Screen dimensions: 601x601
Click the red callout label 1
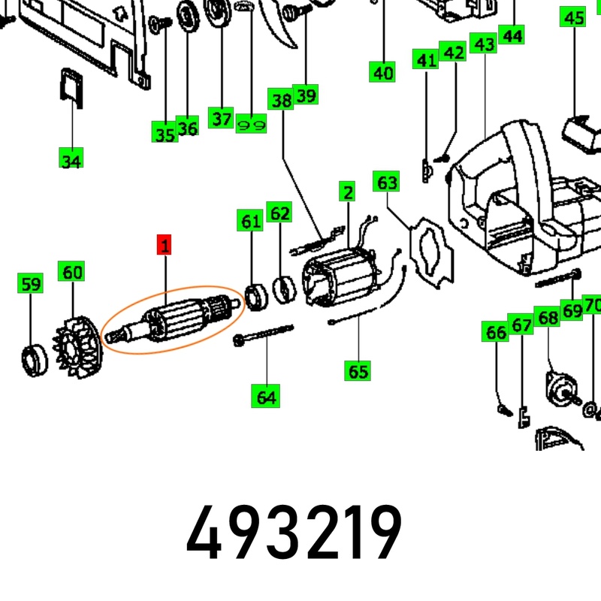[x=164, y=245]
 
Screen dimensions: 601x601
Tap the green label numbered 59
[x=30, y=283]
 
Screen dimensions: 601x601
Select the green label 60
[x=71, y=271]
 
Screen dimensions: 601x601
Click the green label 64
[x=266, y=396]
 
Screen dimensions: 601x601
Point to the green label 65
[x=358, y=370]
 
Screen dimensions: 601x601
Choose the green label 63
[x=386, y=181]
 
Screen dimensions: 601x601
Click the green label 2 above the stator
[x=347, y=192]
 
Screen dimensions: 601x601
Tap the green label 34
[x=71, y=158]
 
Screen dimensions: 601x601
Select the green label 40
[x=382, y=71]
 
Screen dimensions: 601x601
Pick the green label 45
[x=573, y=17]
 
